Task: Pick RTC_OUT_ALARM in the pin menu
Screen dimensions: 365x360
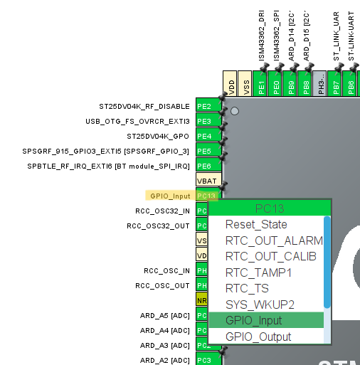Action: [273, 240]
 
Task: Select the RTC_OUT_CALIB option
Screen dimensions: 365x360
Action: [270, 256]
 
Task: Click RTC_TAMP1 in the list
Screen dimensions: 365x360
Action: [258, 273]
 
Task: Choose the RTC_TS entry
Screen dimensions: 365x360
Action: [247, 288]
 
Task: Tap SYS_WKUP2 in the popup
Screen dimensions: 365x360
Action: [261, 305]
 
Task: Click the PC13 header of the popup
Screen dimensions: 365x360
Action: [270, 208]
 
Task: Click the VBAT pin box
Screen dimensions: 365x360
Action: [206, 181]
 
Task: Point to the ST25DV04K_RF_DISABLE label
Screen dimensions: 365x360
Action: [144, 106]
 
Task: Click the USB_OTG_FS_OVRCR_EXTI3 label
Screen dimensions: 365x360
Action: [138, 121]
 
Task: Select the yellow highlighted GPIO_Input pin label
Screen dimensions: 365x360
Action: [170, 196]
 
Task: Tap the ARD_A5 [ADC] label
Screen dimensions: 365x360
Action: [164, 315]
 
